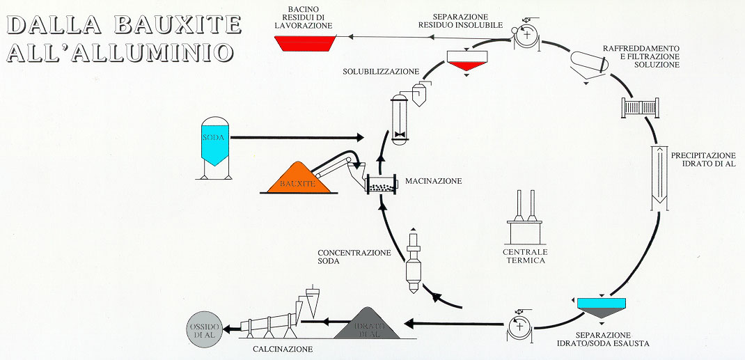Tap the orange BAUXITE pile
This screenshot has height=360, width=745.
point(299,178)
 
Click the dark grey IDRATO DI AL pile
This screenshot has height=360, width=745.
point(367,324)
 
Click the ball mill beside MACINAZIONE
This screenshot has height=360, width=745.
point(382,184)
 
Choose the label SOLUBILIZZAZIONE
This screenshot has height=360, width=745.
point(381,72)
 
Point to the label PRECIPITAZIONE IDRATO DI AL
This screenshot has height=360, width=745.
point(703,159)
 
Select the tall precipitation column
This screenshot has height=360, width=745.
point(659,178)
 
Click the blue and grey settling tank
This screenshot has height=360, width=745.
point(602,308)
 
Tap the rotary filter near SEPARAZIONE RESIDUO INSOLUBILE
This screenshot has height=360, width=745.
point(526,37)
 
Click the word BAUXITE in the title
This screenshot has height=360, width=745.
point(178,24)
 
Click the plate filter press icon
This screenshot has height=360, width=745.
point(640,107)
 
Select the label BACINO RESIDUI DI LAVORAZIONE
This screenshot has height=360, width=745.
point(304,17)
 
